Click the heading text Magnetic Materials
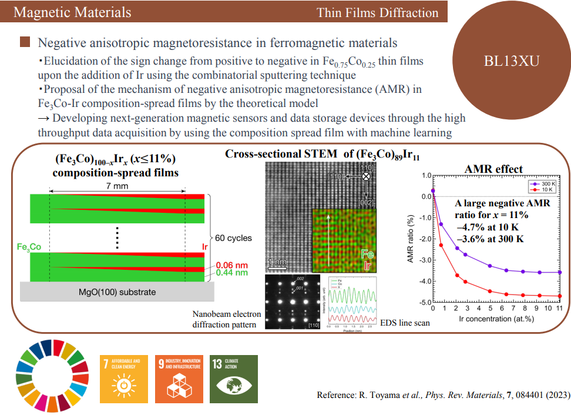coord(72,12)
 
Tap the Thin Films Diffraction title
coord(377,12)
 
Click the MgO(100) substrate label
coord(117,292)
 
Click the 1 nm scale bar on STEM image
coord(277,262)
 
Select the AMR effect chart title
coord(493,169)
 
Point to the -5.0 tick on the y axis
coord(424,302)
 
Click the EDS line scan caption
coord(405,323)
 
